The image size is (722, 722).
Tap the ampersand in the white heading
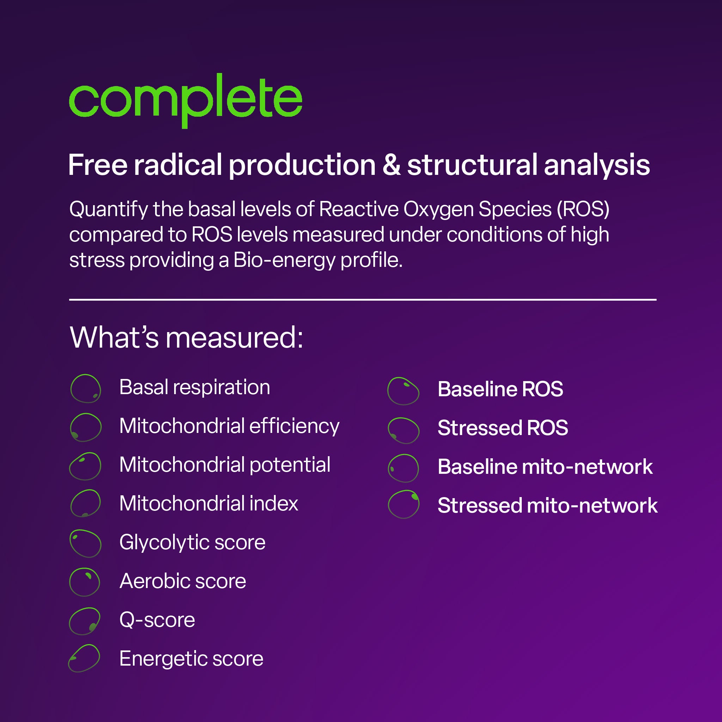tap(391, 165)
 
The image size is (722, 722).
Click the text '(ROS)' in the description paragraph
tap(583, 209)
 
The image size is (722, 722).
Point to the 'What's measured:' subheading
tap(186, 337)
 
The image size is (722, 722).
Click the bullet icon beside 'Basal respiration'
tap(86, 388)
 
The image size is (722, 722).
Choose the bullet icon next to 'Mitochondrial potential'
tap(86, 466)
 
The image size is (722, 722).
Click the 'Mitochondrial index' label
tap(209, 503)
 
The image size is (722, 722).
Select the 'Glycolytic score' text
tap(192, 542)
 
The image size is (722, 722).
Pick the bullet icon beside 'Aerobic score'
tap(85, 582)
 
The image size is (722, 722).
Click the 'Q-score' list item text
tap(157, 620)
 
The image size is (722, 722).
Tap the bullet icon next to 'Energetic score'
tap(85, 659)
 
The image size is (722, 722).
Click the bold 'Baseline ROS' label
tap(500, 389)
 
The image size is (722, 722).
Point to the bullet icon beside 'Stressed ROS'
tap(403, 430)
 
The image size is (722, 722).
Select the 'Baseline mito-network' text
tap(545, 467)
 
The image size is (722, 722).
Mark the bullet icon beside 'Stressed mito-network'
tap(404, 504)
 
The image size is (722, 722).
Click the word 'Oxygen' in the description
tap(438, 209)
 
